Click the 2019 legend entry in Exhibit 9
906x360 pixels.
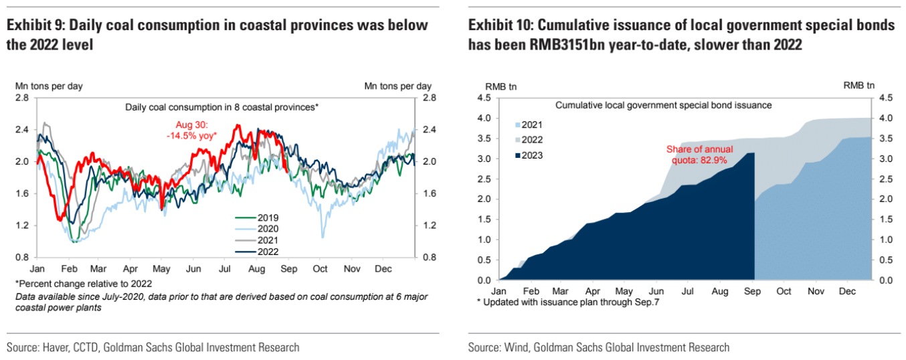coord(267,217)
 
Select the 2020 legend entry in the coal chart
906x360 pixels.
coord(267,229)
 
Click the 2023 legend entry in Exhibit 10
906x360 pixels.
coord(532,155)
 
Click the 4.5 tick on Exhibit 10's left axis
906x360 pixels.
coord(484,98)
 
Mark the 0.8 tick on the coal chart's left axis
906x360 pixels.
coord(22,258)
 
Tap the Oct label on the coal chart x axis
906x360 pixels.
coord(320,269)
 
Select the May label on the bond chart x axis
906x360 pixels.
coord(624,292)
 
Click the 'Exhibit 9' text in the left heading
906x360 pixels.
coord(34,26)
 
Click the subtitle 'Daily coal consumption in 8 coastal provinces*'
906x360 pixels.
coord(221,107)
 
